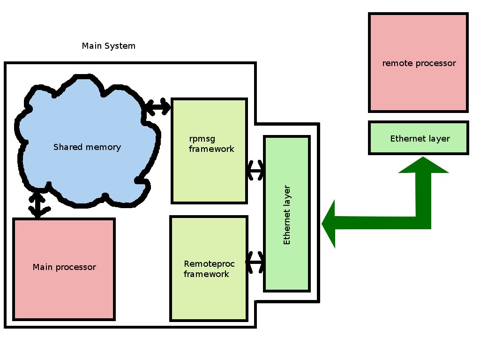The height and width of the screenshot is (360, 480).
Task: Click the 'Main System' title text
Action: point(108,46)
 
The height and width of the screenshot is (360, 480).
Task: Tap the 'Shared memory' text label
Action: point(87,147)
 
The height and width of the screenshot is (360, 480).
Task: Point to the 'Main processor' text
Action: point(64,267)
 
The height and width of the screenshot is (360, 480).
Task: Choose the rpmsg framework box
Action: point(209,173)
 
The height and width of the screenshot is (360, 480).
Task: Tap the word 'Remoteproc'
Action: point(209,263)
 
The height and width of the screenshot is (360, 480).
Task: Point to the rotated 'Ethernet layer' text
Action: point(287,215)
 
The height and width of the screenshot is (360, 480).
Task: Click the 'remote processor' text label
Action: point(419,63)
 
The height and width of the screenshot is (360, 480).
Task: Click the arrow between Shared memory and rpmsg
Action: point(157,107)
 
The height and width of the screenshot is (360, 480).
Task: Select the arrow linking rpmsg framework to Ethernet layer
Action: point(255,170)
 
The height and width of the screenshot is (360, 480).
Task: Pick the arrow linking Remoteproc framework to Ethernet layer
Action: point(255,262)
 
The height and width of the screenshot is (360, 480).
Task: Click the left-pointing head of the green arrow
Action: point(330,224)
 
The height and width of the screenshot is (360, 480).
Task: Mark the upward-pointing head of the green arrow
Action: point(423,165)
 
